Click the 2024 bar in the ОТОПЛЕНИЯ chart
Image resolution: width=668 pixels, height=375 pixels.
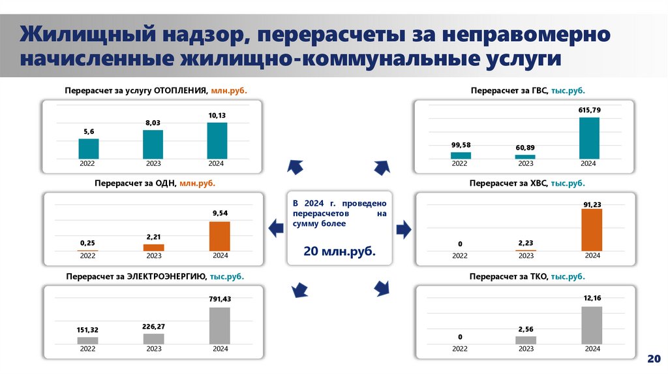[217, 140]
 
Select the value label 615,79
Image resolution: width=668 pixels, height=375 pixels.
[588, 110]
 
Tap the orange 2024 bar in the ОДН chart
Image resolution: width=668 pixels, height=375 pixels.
[220, 236]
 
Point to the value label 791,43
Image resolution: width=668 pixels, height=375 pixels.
[220, 299]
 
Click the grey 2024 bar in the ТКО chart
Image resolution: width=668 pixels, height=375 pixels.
[591, 325]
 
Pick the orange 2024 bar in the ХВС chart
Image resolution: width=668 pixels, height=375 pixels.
[591, 230]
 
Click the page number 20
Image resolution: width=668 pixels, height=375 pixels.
[654, 359]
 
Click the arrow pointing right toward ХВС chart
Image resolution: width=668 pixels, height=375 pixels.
[404, 228]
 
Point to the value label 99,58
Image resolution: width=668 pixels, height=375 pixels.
[461, 144]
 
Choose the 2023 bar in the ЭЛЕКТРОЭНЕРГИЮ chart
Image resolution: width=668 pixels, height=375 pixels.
[153, 339]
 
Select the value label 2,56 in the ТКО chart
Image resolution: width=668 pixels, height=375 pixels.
[526, 328]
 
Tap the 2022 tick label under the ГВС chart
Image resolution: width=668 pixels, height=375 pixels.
[461, 163]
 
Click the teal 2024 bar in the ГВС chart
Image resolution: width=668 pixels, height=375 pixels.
[589, 138]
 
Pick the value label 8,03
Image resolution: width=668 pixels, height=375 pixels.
[153, 122]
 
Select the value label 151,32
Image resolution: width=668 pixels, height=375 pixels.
[87, 329]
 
